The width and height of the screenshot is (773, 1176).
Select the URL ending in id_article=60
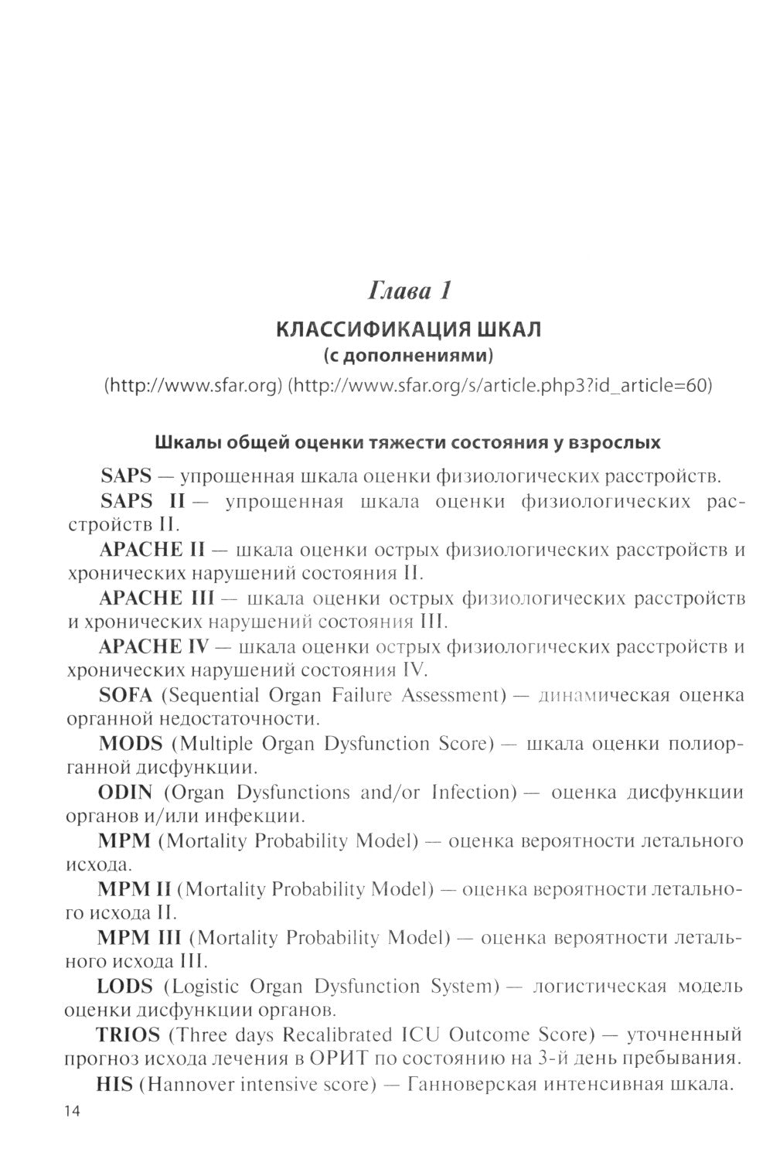click(x=499, y=385)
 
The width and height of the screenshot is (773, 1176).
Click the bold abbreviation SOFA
click(x=127, y=695)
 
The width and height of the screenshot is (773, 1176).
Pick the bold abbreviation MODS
click(x=131, y=744)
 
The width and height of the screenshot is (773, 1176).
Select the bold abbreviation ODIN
click(x=125, y=793)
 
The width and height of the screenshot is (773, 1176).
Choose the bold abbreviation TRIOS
click(x=128, y=1035)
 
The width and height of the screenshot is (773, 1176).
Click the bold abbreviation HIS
click(x=114, y=1084)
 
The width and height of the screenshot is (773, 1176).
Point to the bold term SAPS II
click(x=142, y=501)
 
